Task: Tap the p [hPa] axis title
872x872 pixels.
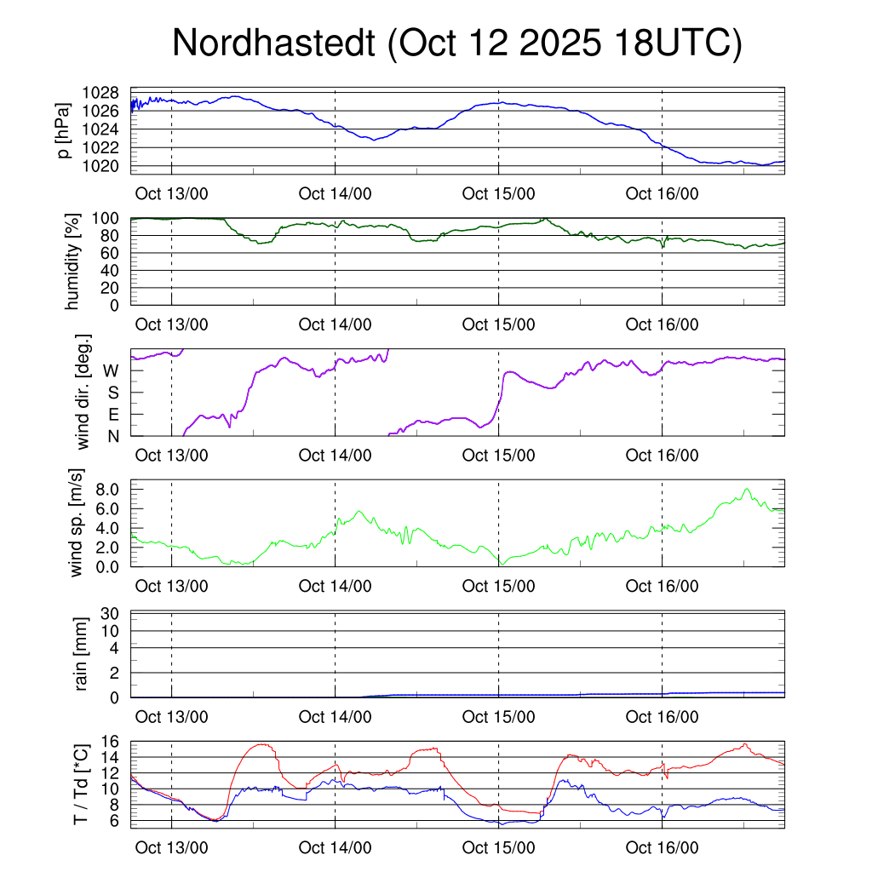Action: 62,129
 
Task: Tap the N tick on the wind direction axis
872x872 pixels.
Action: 112,436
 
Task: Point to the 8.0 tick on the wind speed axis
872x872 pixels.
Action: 106,490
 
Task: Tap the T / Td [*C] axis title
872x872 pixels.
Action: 81,783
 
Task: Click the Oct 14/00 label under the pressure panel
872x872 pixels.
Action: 336,194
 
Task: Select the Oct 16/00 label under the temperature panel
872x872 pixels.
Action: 663,848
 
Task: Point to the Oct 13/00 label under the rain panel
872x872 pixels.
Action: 172,717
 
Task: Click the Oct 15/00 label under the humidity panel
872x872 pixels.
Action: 499,324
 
